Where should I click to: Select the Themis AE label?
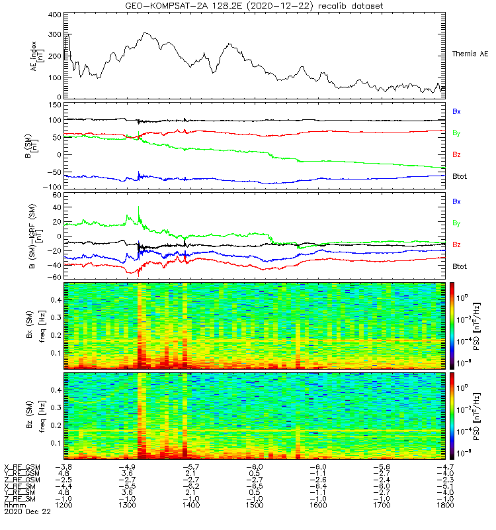click(470, 54)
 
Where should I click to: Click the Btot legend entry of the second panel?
click(460, 176)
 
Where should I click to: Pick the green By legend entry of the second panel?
click(456, 133)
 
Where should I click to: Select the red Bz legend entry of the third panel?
click(456, 245)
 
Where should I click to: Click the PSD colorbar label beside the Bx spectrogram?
click(485, 325)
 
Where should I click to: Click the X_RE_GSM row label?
click(22, 467)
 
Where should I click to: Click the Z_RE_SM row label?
click(21, 499)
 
